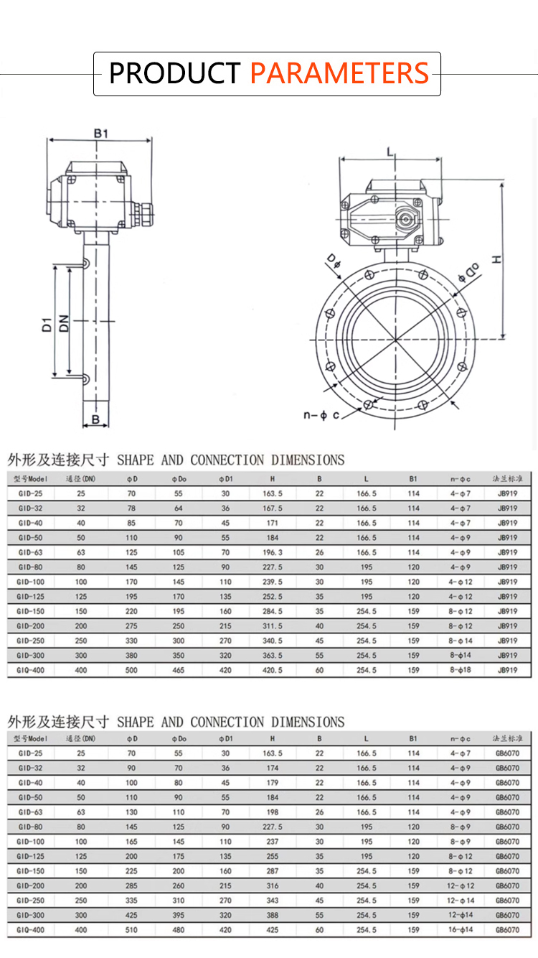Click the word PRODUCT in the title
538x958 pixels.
[174, 74]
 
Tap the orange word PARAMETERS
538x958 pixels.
[339, 74]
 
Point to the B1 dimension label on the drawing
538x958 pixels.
[101, 134]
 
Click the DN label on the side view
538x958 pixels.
[64, 323]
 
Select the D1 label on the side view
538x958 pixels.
[46, 323]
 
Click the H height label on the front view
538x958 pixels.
[495, 260]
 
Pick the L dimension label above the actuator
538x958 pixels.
[390, 152]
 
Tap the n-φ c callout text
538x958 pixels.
[321, 415]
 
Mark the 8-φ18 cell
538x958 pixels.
[461, 670]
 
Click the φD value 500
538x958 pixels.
[131, 670]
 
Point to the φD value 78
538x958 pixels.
[131, 508]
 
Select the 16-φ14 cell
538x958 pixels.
[461, 929]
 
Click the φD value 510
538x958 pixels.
[131, 929]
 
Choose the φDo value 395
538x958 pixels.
[178, 915]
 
